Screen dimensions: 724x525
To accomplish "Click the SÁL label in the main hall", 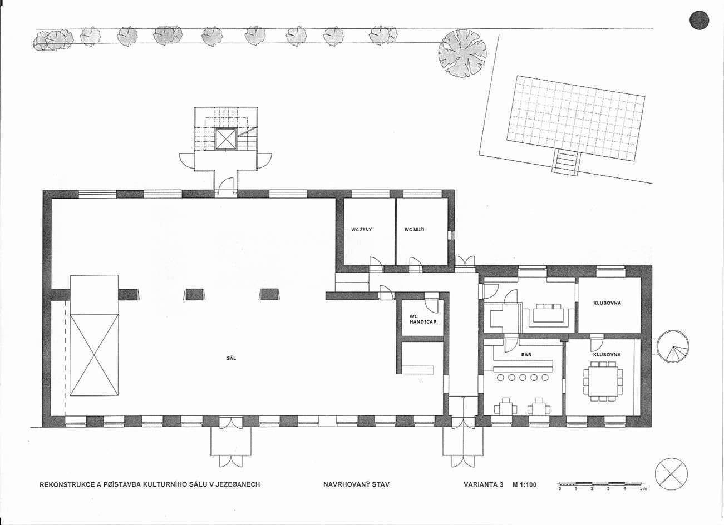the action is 232,358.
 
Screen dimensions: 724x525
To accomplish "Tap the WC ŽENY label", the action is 361,230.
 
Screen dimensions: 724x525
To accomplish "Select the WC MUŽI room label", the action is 414,230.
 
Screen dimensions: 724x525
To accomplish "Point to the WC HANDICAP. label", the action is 423,319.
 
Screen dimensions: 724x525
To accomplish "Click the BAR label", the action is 526,354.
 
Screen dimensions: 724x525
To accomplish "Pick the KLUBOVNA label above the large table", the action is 607,354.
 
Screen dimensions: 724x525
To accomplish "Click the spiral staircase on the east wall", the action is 673,346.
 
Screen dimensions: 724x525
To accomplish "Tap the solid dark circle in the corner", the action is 699,20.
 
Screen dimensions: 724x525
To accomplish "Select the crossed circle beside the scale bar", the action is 671,474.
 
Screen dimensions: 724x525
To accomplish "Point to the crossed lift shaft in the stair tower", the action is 226,139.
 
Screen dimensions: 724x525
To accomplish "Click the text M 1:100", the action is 524,484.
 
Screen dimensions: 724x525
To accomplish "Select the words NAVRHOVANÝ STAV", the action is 357,484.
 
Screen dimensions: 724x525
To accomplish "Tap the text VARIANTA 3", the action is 483,484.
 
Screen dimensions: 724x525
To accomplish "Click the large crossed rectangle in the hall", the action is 94,355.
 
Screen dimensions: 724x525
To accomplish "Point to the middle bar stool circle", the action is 523,377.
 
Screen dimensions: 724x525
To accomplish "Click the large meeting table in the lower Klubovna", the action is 603,382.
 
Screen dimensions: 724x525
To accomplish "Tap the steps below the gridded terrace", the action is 567,163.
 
